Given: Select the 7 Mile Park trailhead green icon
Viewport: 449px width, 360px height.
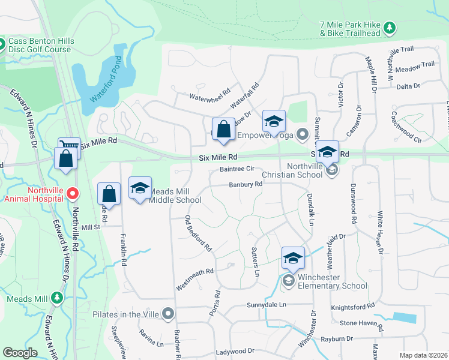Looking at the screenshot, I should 390,27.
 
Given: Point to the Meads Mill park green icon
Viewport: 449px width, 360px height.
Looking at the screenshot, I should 57,298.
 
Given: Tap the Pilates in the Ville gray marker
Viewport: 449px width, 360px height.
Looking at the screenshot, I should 168,313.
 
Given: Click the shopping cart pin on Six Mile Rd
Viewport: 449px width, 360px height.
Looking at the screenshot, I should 69,148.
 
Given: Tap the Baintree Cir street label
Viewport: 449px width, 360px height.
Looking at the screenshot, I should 237,170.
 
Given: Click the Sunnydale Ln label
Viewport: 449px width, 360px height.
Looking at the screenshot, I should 267,305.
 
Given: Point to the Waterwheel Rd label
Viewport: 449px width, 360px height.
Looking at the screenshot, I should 210,95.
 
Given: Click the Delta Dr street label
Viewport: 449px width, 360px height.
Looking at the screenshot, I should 408,86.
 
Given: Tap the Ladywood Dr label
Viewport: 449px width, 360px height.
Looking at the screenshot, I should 235,351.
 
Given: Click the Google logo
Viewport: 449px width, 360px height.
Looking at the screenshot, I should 19,353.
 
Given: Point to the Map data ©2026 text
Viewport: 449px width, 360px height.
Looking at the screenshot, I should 423,355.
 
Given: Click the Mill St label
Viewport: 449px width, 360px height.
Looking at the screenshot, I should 91,227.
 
